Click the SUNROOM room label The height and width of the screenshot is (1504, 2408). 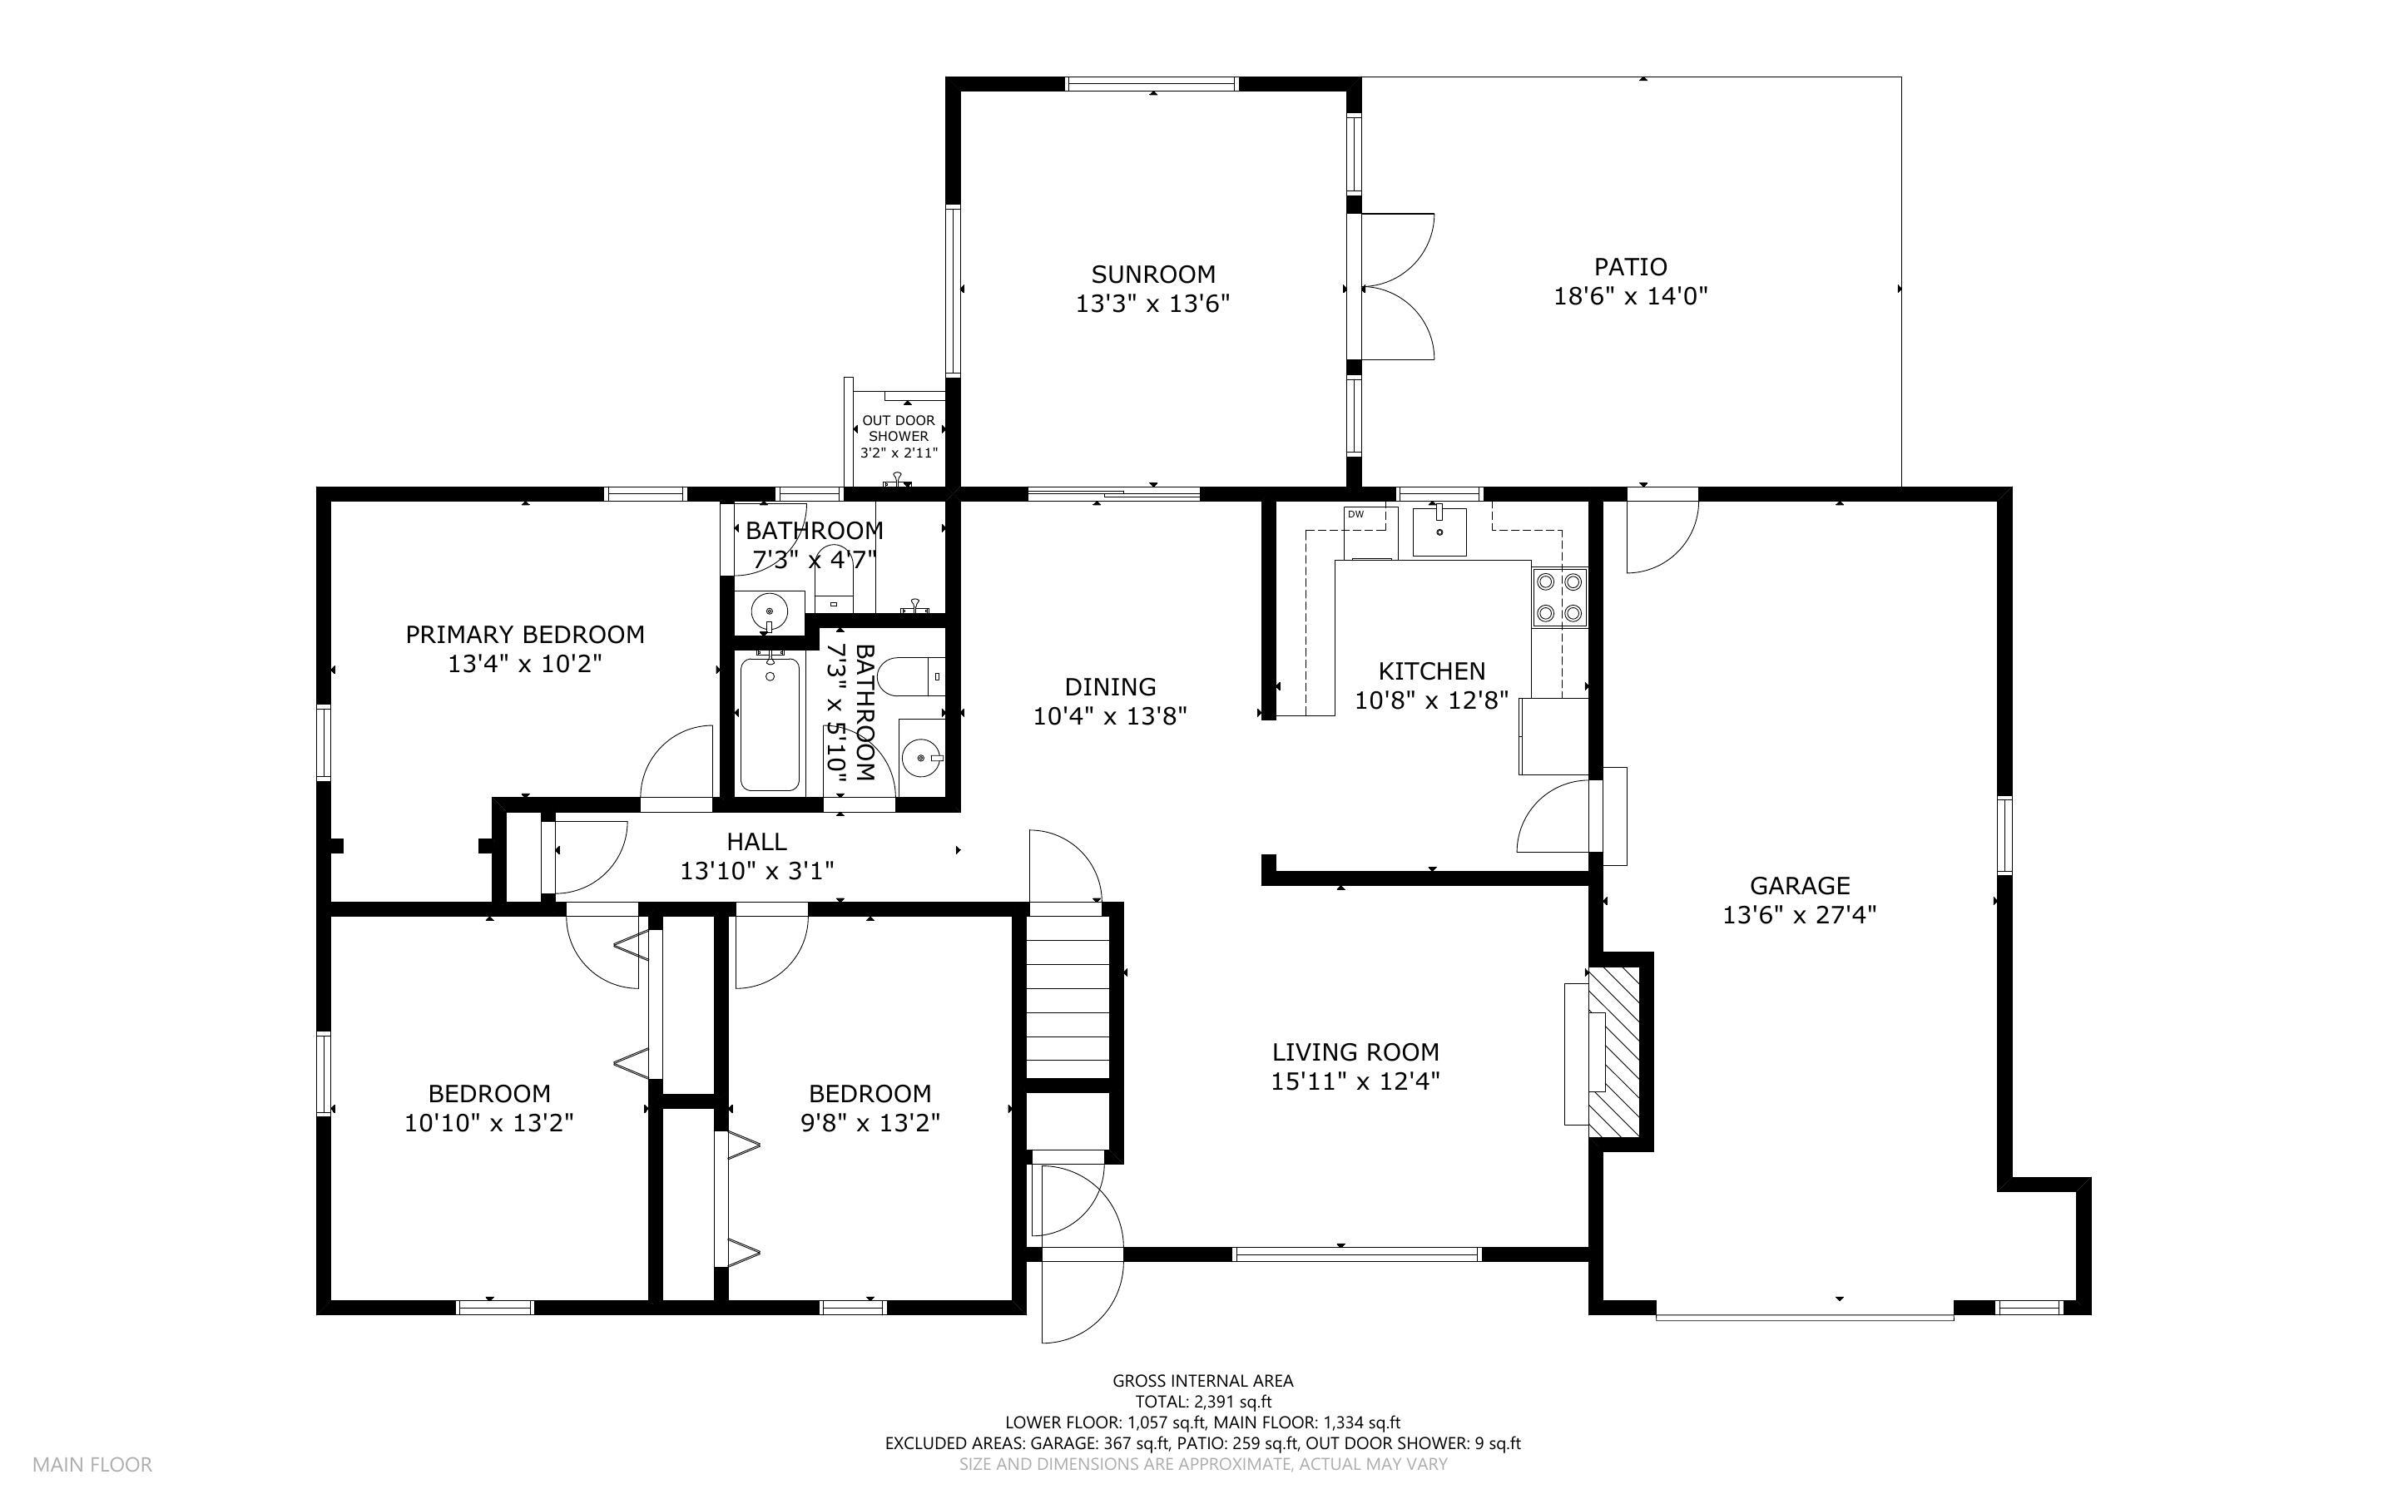1152,275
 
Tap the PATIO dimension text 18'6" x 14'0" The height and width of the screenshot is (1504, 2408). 1630,296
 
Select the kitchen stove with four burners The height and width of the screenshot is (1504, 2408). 1558,596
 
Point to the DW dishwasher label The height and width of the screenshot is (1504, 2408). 1355,514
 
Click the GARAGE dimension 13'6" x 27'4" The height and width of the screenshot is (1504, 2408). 1799,914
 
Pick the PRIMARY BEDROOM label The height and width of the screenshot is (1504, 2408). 525,635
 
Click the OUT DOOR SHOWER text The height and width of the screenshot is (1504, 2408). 898,428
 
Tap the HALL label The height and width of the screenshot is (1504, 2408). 757,843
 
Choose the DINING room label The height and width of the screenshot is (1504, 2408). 1110,686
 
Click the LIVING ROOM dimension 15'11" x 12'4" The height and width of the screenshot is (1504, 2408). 1355,1081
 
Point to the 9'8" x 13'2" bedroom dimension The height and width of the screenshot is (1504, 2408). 870,1123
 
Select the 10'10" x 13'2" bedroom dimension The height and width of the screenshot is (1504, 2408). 489,1123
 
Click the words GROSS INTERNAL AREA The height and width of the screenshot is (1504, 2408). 1202,1381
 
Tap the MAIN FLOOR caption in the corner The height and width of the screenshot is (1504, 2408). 92,1464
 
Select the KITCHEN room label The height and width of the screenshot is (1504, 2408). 1432,671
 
